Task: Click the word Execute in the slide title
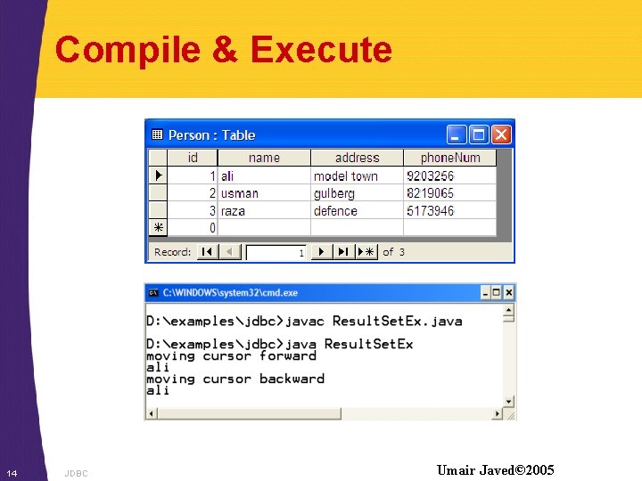(321, 50)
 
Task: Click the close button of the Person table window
(501, 135)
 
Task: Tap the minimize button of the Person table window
(457, 135)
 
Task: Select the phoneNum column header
(449, 158)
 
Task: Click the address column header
(357, 158)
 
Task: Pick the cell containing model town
(346, 176)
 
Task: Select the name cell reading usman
(240, 193)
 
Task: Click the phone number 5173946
(430, 211)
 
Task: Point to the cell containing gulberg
(333, 193)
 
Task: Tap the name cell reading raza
(233, 211)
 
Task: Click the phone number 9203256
(430, 176)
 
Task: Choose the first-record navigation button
(207, 252)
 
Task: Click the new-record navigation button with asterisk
(366, 252)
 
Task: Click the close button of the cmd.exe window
(509, 292)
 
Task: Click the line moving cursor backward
(235, 379)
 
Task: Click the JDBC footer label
(77, 473)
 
